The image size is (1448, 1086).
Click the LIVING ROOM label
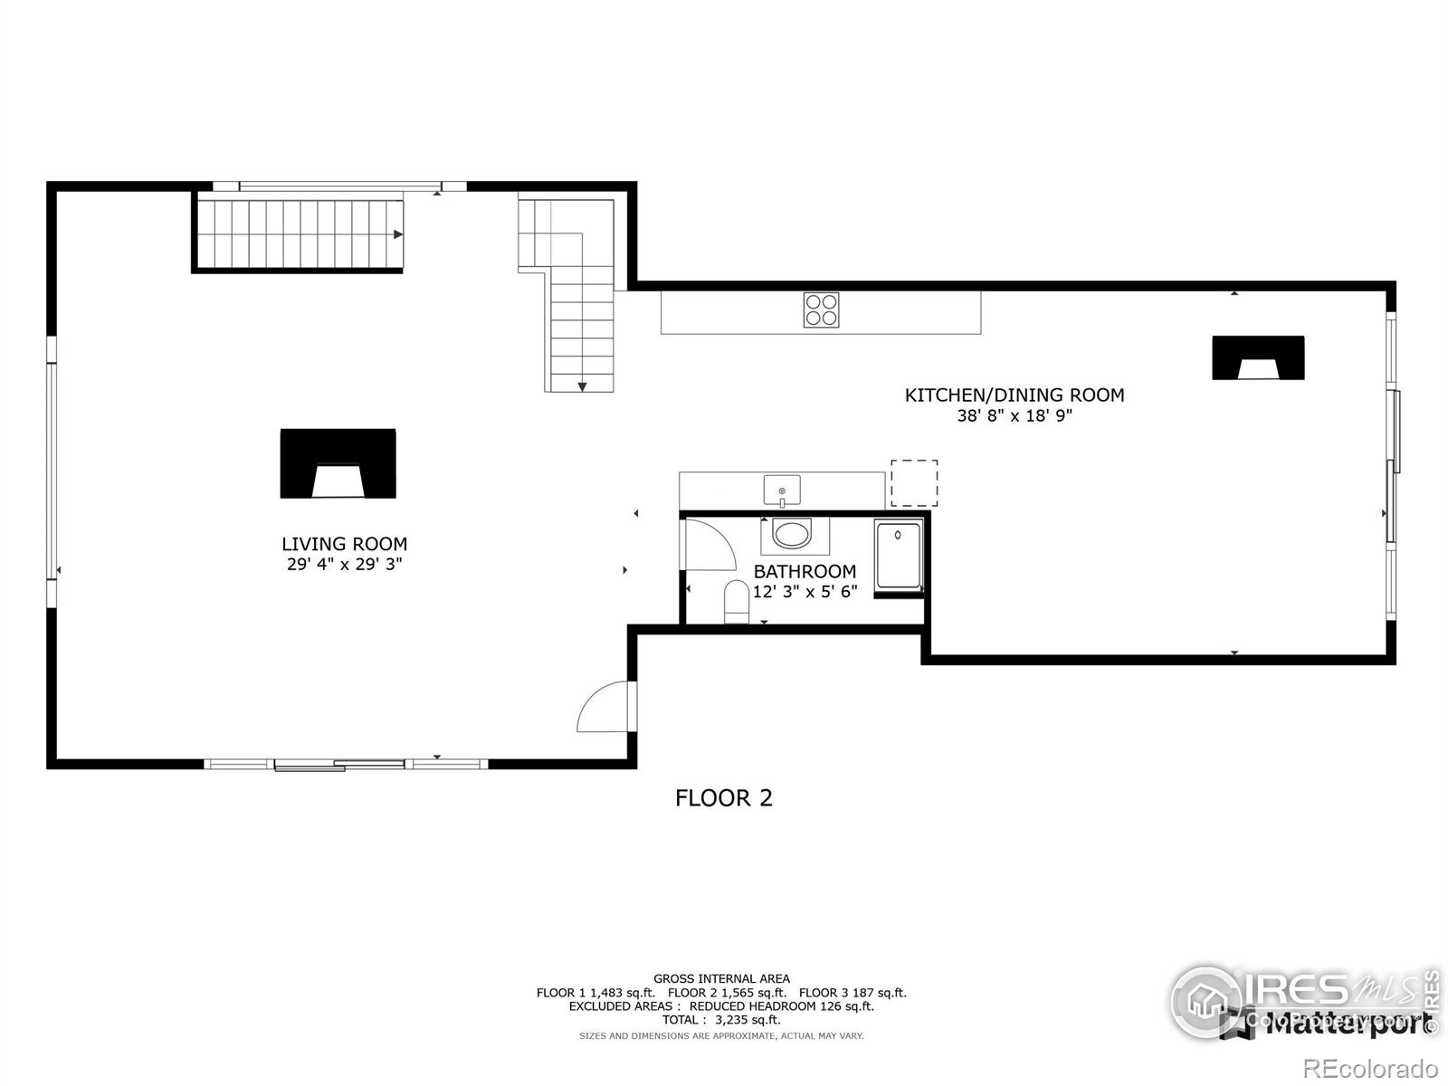point(344,544)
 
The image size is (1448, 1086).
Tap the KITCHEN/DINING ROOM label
point(1015,395)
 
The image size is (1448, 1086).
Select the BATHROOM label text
point(805,571)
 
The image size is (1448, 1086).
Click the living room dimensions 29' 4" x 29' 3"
point(344,564)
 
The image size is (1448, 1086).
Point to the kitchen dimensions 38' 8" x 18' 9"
point(1015,416)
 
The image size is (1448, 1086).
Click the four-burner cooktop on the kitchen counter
point(821,310)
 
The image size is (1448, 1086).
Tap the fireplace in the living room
point(338,463)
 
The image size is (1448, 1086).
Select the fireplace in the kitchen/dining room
point(1258,357)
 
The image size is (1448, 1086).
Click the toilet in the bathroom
point(737,603)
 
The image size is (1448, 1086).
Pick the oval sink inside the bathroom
point(794,534)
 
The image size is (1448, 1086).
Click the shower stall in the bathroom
point(898,559)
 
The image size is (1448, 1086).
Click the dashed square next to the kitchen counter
point(914,483)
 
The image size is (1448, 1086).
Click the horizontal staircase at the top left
point(299,234)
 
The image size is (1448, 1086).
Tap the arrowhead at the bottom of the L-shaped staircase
point(582,386)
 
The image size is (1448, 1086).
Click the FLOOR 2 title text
point(724,798)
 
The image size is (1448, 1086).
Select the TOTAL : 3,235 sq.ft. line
point(721,1020)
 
